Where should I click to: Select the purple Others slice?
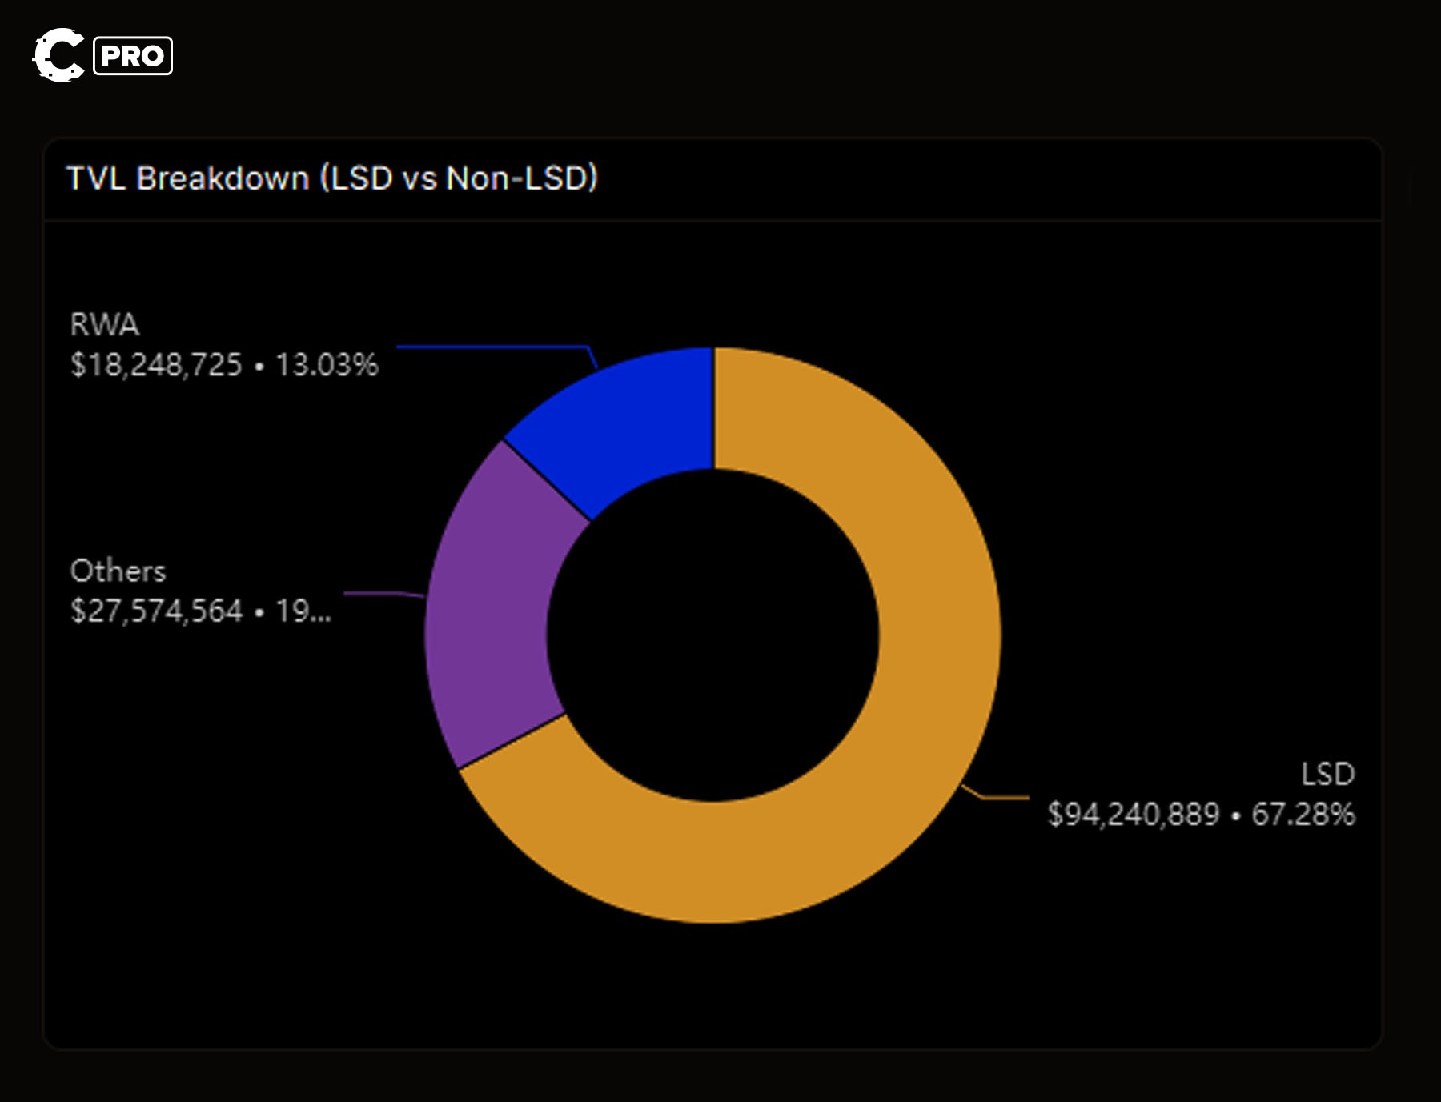pos(496,608)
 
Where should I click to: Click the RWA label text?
pos(105,325)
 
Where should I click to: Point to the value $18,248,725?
pos(156,365)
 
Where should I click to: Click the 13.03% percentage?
pos(327,365)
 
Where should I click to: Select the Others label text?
pos(118,571)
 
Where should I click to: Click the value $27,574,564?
pos(156,611)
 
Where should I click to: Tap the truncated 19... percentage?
pos(303,611)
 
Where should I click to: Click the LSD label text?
pos(1327,774)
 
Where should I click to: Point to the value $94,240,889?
pos(1133,815)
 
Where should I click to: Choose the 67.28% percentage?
pos(1303,815)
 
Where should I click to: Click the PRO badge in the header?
pos(133,56)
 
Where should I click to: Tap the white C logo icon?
pos(58,55)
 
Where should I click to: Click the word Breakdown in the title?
pos(223,178)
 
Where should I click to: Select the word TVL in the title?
pos(96,178)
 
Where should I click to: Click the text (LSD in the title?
pos(356,178)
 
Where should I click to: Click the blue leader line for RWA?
pos(492,347)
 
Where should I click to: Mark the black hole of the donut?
pos(712,636)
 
